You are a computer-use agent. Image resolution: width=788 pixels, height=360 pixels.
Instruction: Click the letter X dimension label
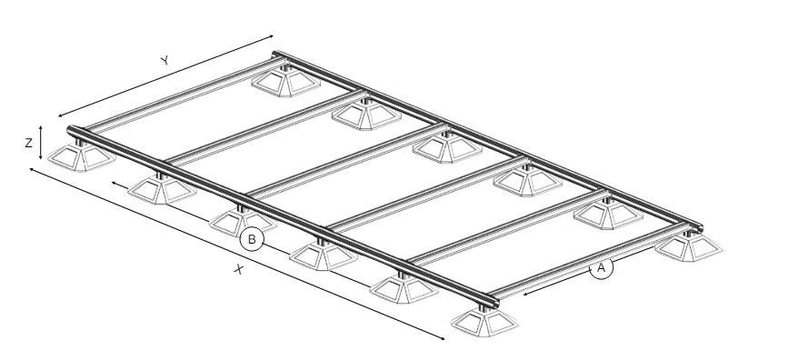point(239,269)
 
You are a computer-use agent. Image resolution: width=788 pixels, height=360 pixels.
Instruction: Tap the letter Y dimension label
point(165,60)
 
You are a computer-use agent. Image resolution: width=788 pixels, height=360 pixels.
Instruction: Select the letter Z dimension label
point(29,144)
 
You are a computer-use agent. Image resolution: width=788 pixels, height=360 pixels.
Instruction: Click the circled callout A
point(601,267)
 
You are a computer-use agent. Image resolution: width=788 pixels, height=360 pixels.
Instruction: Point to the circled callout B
point(252,239)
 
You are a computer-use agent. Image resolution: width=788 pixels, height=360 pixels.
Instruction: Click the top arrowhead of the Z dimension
point(41,127)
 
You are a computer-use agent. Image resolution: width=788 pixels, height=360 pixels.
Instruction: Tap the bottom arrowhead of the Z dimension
point(41,157)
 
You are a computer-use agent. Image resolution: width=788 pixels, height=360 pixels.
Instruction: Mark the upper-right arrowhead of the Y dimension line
point(272,36)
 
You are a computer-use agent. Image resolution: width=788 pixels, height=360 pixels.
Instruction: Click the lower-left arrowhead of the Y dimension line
point(60,115)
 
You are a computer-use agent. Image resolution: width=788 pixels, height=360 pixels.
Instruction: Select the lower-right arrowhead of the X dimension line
point(442,338)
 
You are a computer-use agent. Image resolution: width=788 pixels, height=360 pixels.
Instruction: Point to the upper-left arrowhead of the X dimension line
point(32,170)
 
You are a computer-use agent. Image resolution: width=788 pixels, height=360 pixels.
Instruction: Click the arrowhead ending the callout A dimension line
point(525,295)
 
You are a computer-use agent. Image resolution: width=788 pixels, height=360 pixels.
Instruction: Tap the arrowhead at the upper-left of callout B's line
point(114,183)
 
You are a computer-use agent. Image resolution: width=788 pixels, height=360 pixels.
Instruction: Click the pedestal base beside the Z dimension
point(82,157)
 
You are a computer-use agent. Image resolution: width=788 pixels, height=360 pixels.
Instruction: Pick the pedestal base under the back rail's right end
point(690,246)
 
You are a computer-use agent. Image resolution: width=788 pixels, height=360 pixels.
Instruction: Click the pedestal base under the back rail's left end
point(286,82)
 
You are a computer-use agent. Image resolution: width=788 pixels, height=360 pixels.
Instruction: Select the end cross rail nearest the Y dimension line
point(184,95)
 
